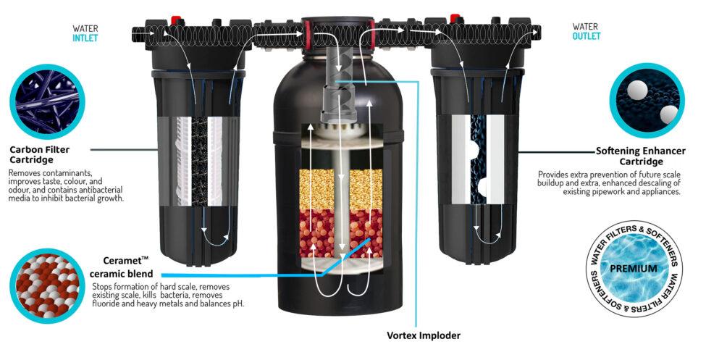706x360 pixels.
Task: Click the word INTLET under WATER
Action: [85, 39]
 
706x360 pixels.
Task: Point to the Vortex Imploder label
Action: [424, 335]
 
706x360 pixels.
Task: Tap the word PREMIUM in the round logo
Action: [633, 268]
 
